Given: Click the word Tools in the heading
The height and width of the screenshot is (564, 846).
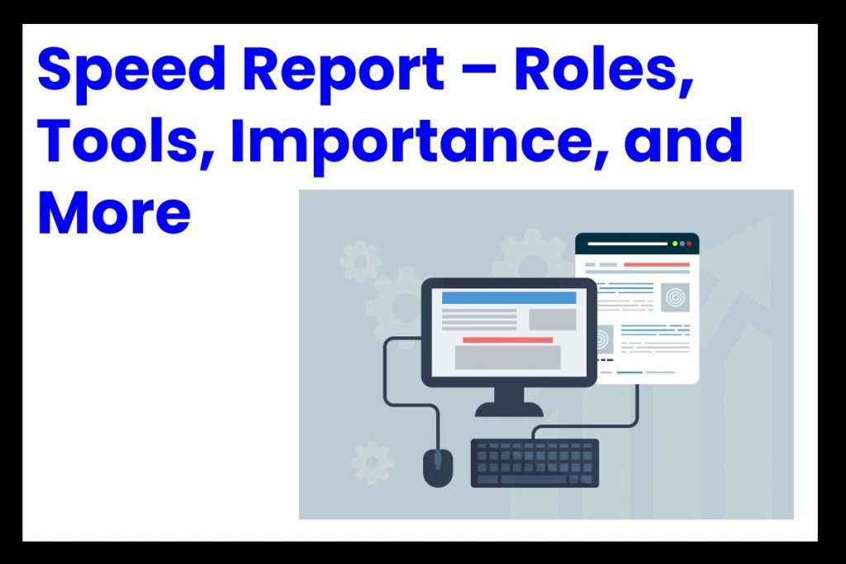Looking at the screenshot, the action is pyautogui.click(x=127, y=141).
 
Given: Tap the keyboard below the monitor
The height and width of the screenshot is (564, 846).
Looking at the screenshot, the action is pyautogui.click(x=535, y=462).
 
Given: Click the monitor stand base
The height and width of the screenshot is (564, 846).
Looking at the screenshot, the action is pyautogui.click(x=509, y=410).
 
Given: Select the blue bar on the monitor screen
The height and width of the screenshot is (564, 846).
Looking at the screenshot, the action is pyautogui.click(x=509, y=297).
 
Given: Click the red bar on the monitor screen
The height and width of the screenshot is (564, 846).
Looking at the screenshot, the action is pyautogui.click(x=508, y=339).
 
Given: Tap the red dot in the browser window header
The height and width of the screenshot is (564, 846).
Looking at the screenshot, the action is pyautogui.click(x=689, y=244).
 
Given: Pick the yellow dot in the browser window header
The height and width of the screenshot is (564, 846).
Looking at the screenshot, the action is pyautogui.click(x=675, y=244).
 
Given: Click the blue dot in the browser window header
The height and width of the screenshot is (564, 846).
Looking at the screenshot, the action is pyautogui.click(x=682, y=244).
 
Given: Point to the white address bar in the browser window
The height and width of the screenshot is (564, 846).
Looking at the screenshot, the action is pyautogui.click(x=628, y=244).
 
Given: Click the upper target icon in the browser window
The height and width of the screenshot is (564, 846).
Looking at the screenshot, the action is pyautogui.click(x=676, y=297).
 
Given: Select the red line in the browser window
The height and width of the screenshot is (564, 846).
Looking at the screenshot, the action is pyautogui.click(x=657, y=265).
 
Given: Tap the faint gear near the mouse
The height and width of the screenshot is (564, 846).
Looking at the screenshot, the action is pyautogui.click(x=371, y=462).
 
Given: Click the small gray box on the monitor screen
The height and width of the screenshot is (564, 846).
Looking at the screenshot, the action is pyautogui.click(x=553, y=320).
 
